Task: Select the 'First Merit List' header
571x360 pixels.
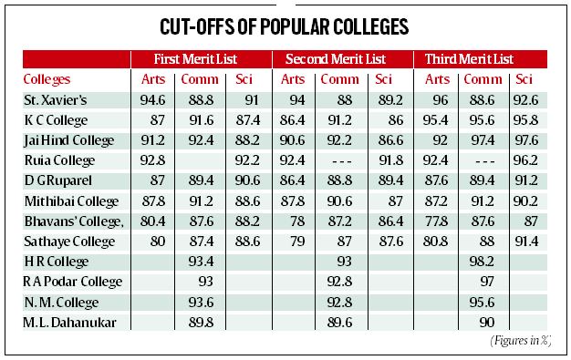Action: [x=202, y=58]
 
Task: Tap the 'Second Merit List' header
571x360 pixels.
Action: [x=342, y=58]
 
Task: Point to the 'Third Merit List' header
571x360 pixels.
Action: [x=482, y=58]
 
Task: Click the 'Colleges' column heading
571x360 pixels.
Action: [x=48, y=79]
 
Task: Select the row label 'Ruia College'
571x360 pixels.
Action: [x=58, y=159]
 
